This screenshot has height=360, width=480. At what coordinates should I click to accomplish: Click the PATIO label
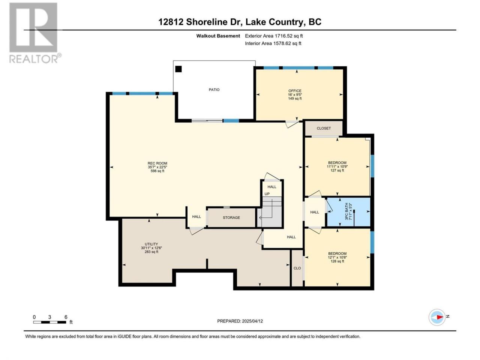click(x=214, y=90)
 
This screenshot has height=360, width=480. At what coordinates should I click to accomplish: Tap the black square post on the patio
click(x=178, y=69)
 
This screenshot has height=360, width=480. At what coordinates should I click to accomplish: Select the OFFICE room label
click(x=294, y=91)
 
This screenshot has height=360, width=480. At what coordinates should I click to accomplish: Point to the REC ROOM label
click(x=157, y=163)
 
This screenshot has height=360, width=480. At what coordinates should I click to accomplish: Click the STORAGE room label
click(x=231, y=217)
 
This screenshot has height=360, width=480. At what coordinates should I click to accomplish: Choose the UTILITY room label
click(x=151, y=244)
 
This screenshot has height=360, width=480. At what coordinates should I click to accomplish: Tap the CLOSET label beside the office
click(x=323, y=128)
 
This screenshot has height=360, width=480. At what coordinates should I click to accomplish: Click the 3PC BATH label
click(x=346, y=211)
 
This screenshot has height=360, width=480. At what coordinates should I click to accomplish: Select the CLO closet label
click(x=297, y=268)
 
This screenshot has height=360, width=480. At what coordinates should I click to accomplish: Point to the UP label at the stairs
click(x=267, y=194)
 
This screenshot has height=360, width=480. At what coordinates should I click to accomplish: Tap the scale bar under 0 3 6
click(x=49, y=322)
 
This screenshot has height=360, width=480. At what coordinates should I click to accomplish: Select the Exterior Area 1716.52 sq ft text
click(x=274, y=36)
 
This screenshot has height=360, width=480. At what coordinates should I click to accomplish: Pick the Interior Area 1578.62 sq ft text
click(x=273, y=43)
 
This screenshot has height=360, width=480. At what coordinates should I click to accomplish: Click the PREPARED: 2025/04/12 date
click(x=240, y=321)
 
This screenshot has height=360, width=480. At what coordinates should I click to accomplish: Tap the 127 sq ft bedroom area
click(x=337, y=170)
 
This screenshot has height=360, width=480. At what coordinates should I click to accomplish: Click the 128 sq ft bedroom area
click(x=337, y=261)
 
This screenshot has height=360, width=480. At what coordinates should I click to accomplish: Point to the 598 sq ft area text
click(x=157, y=171)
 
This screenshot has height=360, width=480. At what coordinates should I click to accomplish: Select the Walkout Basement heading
click(x=218, y=36)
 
